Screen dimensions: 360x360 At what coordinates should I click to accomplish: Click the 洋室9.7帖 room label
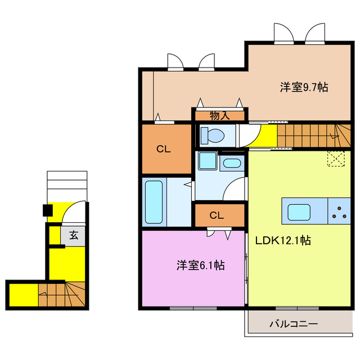304,87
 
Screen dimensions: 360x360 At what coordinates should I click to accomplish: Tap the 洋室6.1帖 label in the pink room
201,265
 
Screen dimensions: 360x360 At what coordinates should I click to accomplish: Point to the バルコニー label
293,324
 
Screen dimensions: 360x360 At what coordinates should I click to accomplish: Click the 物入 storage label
219,116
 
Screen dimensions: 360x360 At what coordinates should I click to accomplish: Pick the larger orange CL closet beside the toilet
166,149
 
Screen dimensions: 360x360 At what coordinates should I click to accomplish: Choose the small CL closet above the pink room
219,215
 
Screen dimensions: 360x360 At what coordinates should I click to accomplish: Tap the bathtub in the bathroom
154,201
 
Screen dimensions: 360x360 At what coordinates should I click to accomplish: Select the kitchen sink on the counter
299,212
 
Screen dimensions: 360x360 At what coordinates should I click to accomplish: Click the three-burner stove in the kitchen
340,211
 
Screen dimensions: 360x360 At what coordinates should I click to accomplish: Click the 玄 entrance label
74,235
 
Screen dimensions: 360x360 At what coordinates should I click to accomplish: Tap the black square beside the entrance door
48,211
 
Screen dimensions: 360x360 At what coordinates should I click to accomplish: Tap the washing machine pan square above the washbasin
206,161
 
